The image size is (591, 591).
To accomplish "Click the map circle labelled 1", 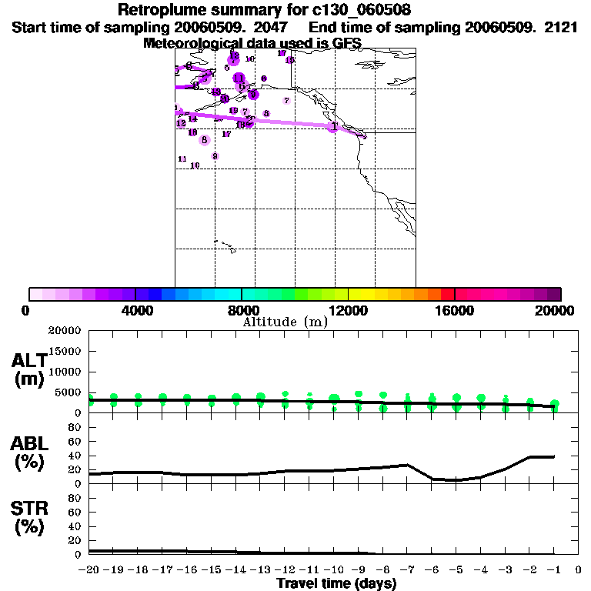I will (x=333, y=126).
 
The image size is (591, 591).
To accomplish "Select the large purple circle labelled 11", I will (x=239, y=78).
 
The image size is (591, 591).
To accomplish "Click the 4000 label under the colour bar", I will (x=135, y=310).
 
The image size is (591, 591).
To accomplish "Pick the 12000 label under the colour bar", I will (x=349, y=310).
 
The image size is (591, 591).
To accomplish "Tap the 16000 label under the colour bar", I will (x=455, y=310).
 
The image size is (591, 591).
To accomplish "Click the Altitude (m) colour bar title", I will (x=285, y=322).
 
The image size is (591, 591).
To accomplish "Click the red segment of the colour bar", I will (x=447, y=294).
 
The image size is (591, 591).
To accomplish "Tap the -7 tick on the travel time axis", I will (x=407, y=570).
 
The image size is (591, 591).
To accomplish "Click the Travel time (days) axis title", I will (x=336, y=583).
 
